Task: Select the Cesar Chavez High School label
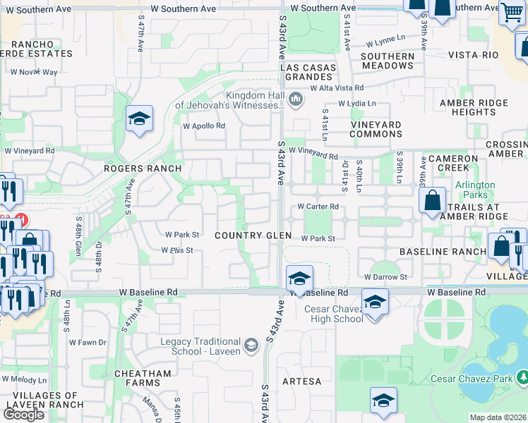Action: [333, 314]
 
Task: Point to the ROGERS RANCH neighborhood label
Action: [143, 168]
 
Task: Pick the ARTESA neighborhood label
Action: [301, 381]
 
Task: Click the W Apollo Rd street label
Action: [203, 126]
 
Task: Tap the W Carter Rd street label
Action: [318, 207]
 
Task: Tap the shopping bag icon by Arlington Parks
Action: [432, 200]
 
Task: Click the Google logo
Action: [24, 415]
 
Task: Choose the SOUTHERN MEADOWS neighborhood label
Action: [388, 61]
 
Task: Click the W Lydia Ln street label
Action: [357, 103]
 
